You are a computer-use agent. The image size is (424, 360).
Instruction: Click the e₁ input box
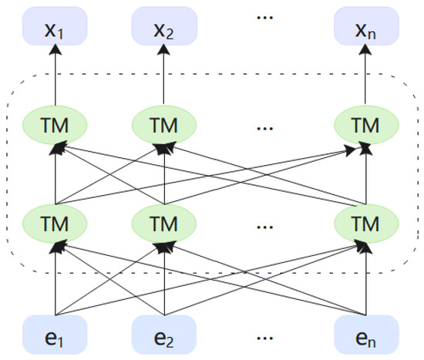56,337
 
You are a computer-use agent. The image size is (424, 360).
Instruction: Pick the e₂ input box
164,337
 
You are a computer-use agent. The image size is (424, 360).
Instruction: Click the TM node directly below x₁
56,123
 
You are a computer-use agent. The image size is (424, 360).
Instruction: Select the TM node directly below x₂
164,123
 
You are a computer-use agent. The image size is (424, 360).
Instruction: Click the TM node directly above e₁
56,224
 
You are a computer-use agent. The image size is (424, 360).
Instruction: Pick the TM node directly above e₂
164,224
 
